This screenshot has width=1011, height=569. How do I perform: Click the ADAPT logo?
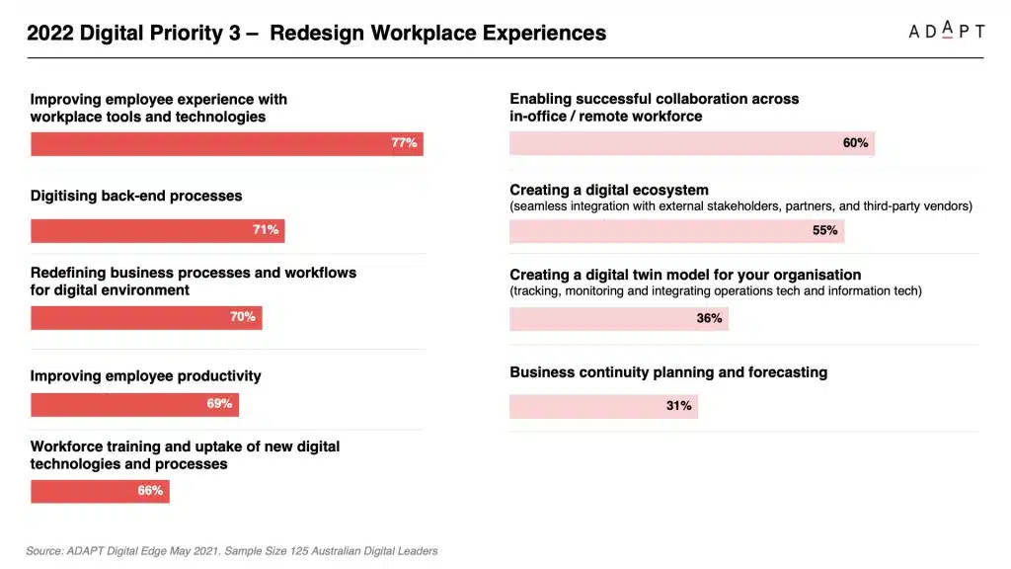point(946,31)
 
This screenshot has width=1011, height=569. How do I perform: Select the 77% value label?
point(404,143)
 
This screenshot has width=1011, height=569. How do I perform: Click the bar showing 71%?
point(157,230)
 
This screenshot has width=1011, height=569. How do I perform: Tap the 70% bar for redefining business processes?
point(146,317)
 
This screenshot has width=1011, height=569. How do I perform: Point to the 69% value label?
point(219,404)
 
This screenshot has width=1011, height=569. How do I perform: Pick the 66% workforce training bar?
point(100,491)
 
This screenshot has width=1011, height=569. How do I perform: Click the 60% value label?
point(855,143)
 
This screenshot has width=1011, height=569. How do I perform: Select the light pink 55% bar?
point(676,231)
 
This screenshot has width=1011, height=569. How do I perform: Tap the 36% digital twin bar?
point(618,318)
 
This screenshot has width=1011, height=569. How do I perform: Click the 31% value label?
point(678,406)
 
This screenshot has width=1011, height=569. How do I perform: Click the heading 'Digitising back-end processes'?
point(136,196)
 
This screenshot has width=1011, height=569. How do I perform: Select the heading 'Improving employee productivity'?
point(146,375)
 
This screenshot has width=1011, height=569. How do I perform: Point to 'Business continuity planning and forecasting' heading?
point(668,372)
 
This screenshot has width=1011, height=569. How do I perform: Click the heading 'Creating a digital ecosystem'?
point(609,190)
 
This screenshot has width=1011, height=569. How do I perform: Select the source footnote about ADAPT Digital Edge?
point(232,550)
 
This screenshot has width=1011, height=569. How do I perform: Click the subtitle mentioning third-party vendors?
point(740,206)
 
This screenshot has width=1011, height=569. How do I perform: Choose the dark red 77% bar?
point(226,143)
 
